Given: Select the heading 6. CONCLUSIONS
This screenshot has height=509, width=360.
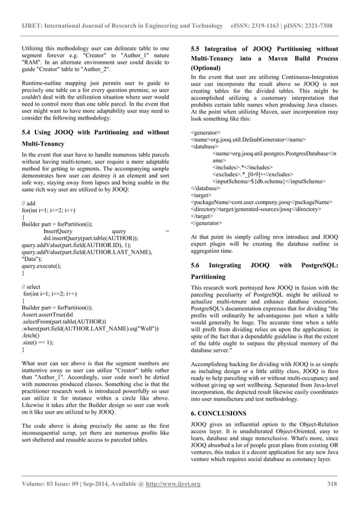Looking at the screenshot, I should tap(219, 413).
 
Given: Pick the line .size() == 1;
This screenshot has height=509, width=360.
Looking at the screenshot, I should tap(36, 342).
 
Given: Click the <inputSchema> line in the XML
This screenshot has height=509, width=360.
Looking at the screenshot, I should tap(269, 182).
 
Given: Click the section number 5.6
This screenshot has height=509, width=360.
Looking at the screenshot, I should tap(197, 265).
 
